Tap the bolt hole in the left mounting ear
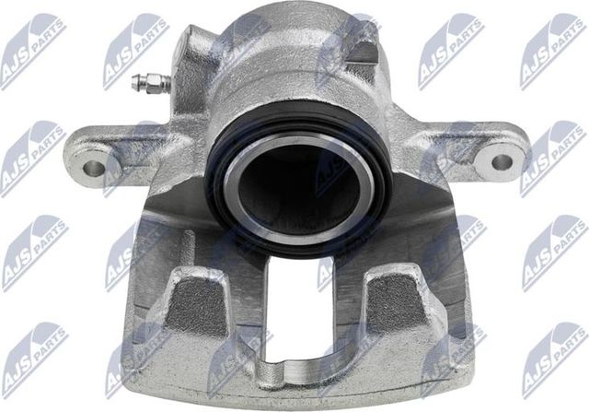93,169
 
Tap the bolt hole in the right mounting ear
502,162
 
